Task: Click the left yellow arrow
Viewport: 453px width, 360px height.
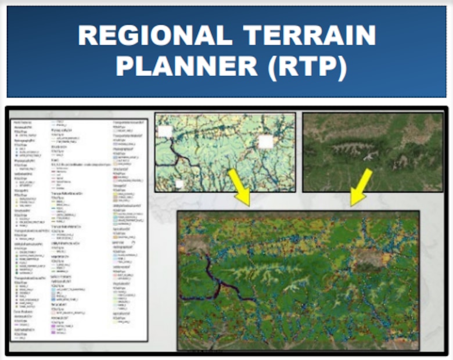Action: coord(240,186)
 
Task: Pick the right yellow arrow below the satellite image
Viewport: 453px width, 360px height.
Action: coord(361,186)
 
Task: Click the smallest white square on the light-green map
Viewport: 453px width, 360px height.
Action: coord(179,183)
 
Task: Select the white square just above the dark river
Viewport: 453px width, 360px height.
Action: coord(165,131)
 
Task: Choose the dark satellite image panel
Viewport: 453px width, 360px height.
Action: coord(372,152)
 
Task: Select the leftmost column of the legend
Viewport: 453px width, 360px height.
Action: coord(29,232)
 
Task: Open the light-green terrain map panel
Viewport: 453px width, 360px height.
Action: coord(225,152)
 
